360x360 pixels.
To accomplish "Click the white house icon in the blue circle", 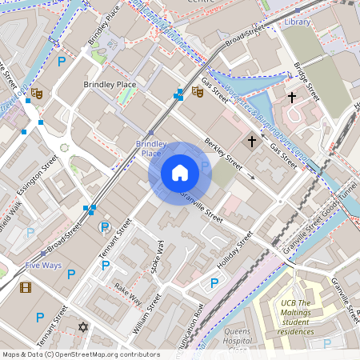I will (180, 173).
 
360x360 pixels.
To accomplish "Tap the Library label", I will (297, 22).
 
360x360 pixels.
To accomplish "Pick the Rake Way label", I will (128, 294).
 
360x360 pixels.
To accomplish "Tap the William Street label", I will (146, 313).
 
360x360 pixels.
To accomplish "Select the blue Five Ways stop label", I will (43, 265).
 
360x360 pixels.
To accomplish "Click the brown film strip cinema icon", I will (26, 287).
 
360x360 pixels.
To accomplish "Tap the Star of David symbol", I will (82, 326).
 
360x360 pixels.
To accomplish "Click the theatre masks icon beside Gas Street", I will (197, 92).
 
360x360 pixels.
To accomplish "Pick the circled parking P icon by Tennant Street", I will (104, 227).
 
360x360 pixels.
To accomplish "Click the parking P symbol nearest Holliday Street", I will (214, 282).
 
